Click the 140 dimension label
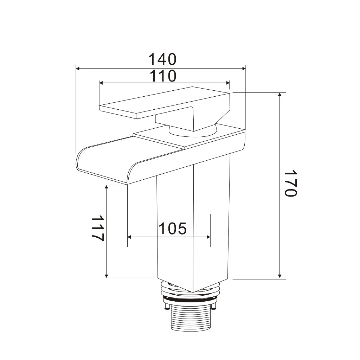[x=162, y=59]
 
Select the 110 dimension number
[x=163, y=76]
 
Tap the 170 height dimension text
[x=291, y=183]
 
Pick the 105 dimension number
[x=172, y=229]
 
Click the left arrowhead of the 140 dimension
[x=78, y=69]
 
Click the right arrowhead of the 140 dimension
[x=244, y=69]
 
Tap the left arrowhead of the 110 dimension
[x=101, y=83]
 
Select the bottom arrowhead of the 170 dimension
[x=279, y=276]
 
